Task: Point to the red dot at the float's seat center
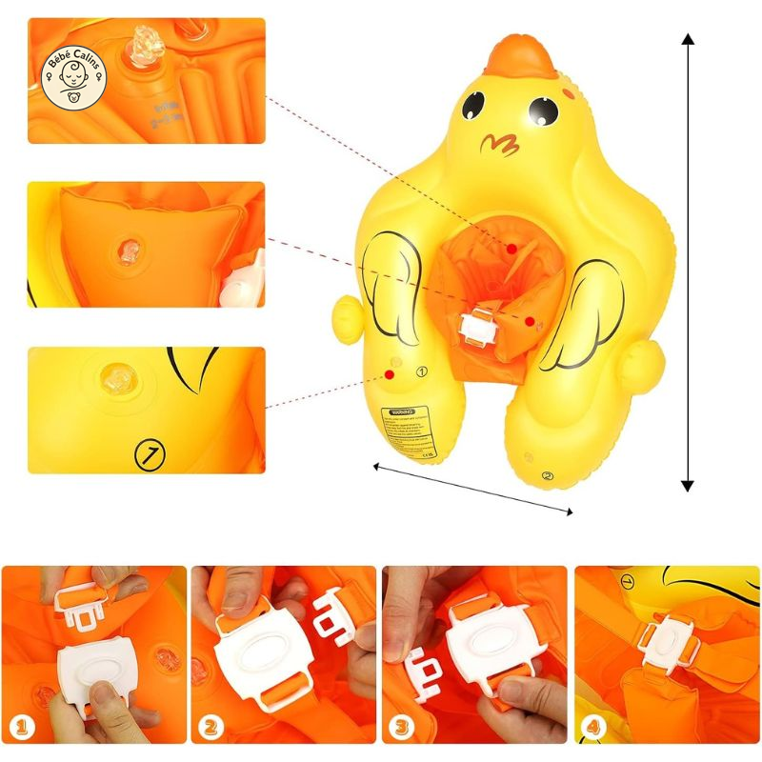pos(512,249)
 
